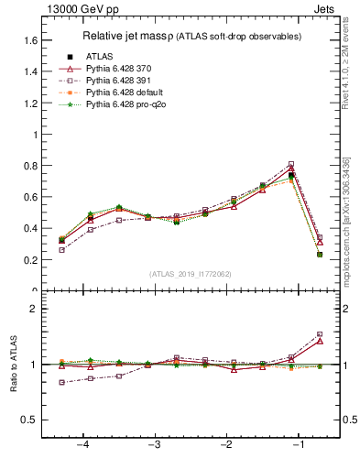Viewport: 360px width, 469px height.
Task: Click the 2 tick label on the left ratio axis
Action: [34, 309]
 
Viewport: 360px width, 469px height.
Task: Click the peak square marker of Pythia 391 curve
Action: [291, 165]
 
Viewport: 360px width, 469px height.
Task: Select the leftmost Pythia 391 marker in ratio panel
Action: [61, 383]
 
